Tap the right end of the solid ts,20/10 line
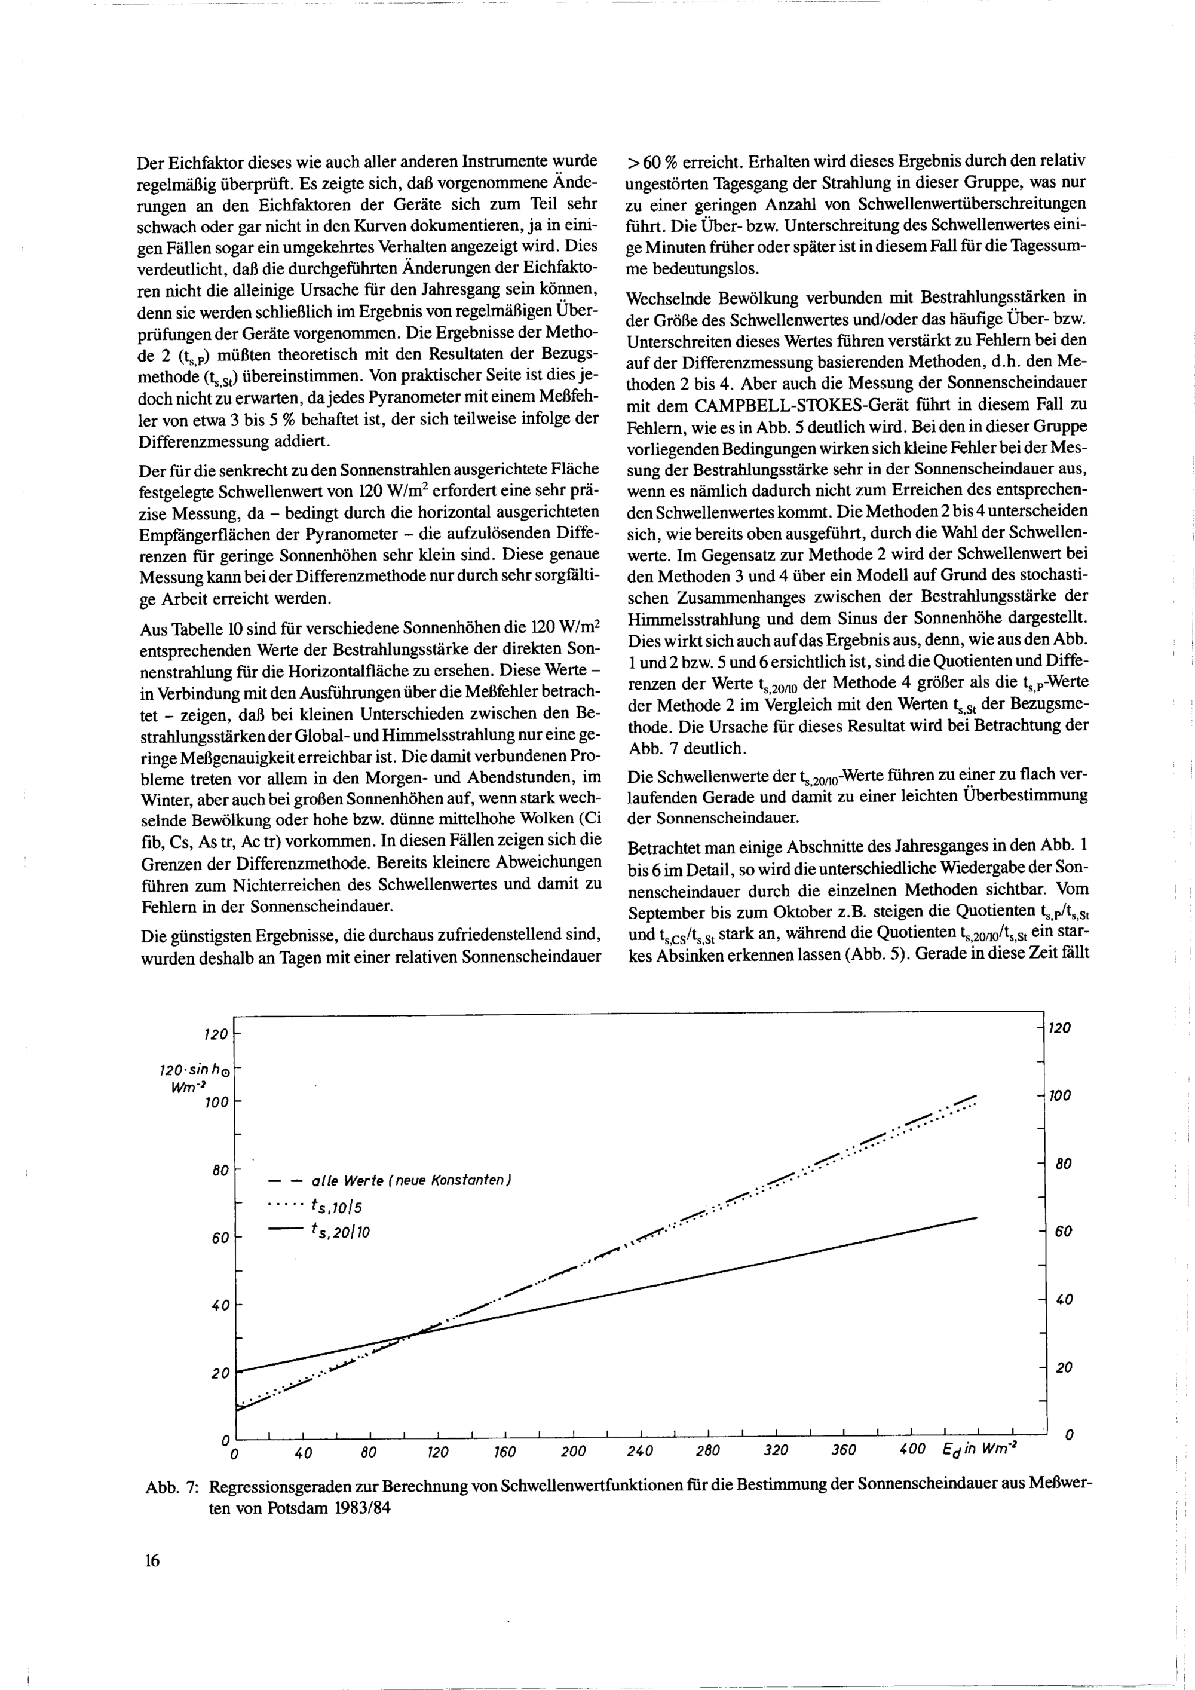tap(976, 1218)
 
